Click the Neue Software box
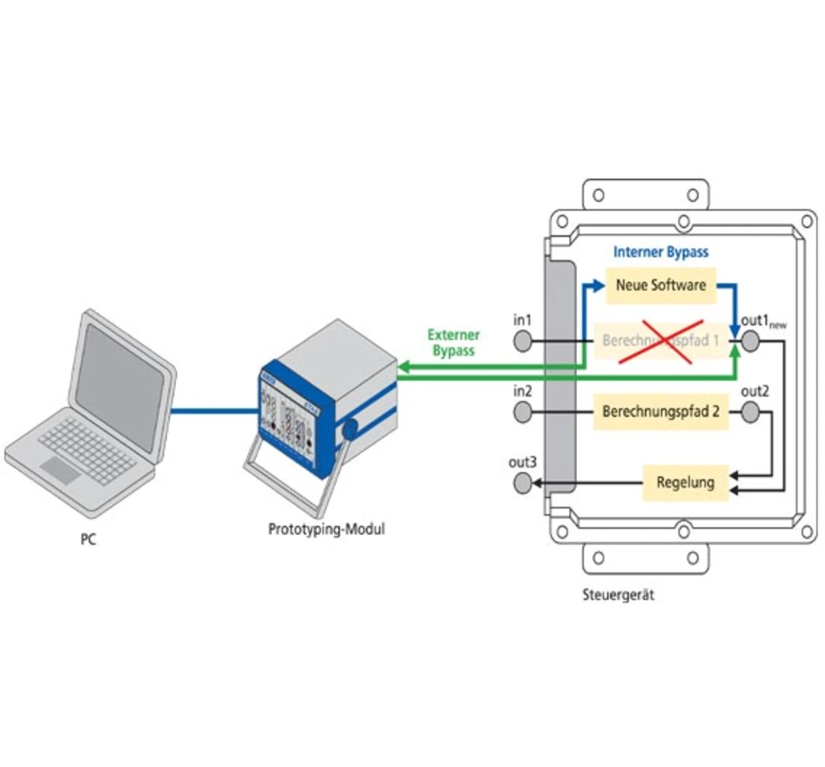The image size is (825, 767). point(661,285)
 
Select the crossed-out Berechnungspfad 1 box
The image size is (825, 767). point(661,340)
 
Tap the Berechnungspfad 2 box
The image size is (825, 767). point(661,411)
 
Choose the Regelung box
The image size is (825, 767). point(685,482)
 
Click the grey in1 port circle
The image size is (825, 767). point(523,341)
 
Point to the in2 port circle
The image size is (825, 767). point(523,412)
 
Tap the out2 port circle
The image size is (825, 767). point(750,412)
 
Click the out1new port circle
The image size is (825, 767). point(750,341)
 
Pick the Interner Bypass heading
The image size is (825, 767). point(661,252)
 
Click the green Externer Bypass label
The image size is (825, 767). point(454,343)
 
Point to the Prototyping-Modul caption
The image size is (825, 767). point(326,529)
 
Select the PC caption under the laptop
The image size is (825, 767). point(88,539)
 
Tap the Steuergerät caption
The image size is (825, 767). point(618,595)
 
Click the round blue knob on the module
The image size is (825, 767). point(351,429)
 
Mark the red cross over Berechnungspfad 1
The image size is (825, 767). point(661,342)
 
